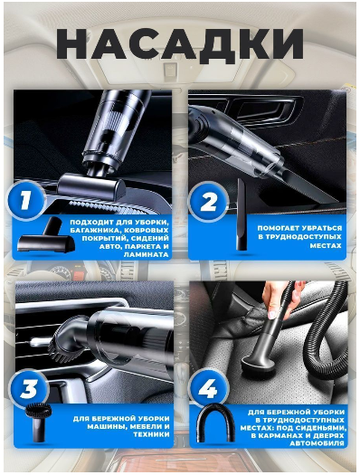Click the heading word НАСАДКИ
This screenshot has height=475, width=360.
(x=180, y=44)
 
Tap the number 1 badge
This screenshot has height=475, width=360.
(x=25, y=200)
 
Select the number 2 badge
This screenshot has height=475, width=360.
(x=207, y=201)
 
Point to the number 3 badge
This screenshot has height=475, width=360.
(x=28, y=389)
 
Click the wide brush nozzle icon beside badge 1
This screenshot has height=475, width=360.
(x=46, y=234)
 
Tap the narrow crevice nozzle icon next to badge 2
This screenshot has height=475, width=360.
(x=242, y=214)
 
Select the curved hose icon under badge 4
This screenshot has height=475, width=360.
(x=215, y=423)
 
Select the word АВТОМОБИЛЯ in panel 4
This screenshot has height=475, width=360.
(x=317, y=443)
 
